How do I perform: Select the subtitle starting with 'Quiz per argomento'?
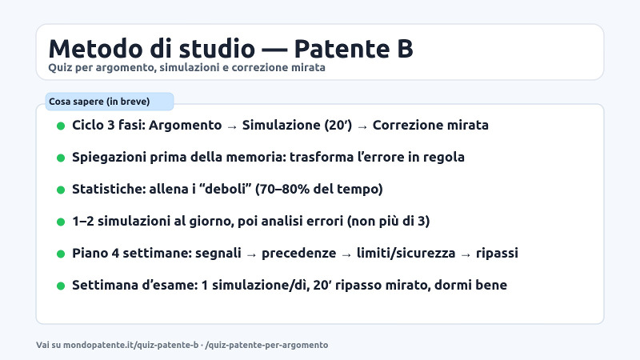(186, 68)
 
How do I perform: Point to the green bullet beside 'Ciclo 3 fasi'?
(61, 126)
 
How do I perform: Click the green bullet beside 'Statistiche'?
(61, 190)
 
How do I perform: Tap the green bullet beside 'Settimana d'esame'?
(61, 286)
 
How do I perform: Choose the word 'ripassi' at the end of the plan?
(496, 254)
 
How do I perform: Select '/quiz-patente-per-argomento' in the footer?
(266, 345)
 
